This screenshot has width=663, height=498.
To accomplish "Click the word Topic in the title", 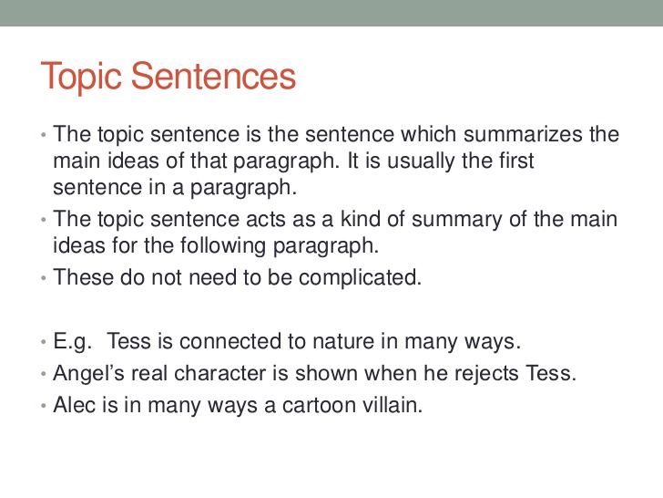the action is coord(81,77).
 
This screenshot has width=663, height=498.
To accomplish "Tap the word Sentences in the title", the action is coord(213,76).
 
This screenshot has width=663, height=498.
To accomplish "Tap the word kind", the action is coord(358,219).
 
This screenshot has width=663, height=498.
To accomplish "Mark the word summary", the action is coord(457,220).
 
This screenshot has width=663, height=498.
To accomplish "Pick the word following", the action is coord(223,246).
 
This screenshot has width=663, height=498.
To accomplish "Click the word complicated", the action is coord(360,278).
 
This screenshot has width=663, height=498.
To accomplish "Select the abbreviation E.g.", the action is coord(72,342).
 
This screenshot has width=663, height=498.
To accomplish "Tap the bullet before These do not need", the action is coord(43,278).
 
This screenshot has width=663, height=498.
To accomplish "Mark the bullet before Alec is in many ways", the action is coord(43,406).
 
